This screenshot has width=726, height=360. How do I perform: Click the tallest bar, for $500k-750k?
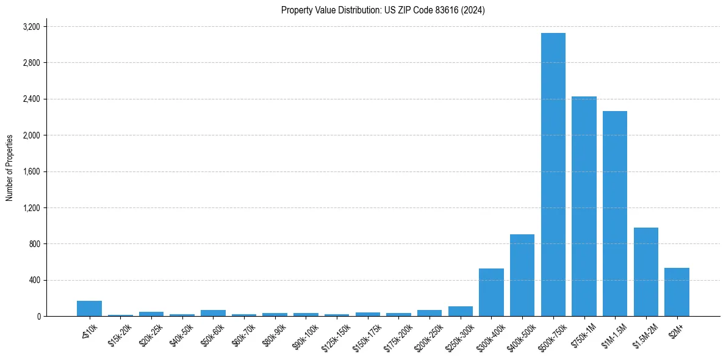click(x=553, y=175)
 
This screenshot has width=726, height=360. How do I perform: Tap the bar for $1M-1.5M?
click(x=615, y=214)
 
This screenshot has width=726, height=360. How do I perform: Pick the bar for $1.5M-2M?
click(x=645, y=272)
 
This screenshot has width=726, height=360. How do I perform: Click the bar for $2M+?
click(x=677, y=292)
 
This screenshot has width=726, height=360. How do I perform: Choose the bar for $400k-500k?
click(x=522, y=275)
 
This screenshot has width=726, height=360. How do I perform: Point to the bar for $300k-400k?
click(x=491, y=292)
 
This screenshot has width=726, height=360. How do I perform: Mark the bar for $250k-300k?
click(x=460, y=311)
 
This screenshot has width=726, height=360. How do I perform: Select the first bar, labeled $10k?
click(x=89, y=309)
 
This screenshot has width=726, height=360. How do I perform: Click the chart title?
click(x=383, y=10)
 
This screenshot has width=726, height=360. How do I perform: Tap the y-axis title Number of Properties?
click(x=10, y=168)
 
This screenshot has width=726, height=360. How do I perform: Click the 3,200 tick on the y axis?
click(x=31, y=27)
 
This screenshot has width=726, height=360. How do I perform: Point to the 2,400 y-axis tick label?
click(x=31, y=99)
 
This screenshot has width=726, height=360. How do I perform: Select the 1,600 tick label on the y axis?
click(x=31, y=171)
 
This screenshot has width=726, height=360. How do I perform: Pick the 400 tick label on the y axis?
click(x=34, y=280)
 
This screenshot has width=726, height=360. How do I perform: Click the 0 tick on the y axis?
click(x=38, y=316)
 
